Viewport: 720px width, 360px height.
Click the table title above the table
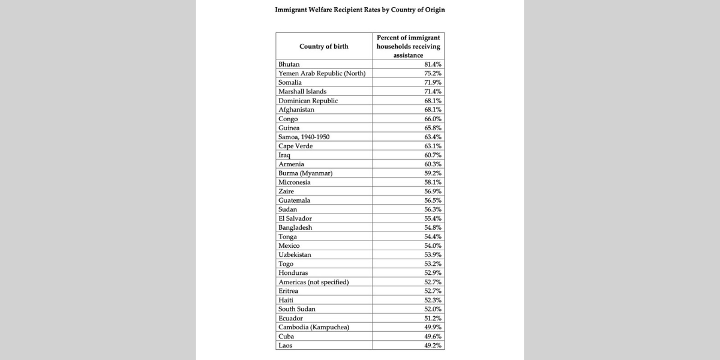coord(360,10)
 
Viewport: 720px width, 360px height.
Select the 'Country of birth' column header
coord(324,46)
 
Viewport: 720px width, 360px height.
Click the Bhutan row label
coord(289,64)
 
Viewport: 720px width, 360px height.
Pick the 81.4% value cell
coord(433,64)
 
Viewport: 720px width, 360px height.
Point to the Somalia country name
coord(290,82)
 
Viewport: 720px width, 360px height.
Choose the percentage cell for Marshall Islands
coord(433,91)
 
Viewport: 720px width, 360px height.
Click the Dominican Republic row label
coord(308,101)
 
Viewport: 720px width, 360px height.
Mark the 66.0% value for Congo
coord(433,119)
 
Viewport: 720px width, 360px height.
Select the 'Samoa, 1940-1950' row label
coord(304,137)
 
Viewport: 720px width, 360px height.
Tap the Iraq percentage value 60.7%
coord(433,155)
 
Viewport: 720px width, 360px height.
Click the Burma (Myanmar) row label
coord(305,173)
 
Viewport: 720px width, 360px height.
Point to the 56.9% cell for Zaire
coord(433,191)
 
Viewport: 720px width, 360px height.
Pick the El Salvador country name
coord(295,218)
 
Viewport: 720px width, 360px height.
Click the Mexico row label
coord(289,246)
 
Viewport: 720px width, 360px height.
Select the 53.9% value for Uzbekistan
coord(433,255)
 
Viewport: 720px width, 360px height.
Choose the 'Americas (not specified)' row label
coord(313,282)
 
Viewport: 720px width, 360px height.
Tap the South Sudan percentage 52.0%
coord(433,309)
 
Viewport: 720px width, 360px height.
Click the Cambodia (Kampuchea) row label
coord(314,327)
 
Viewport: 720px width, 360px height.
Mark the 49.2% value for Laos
coord(433,346)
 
